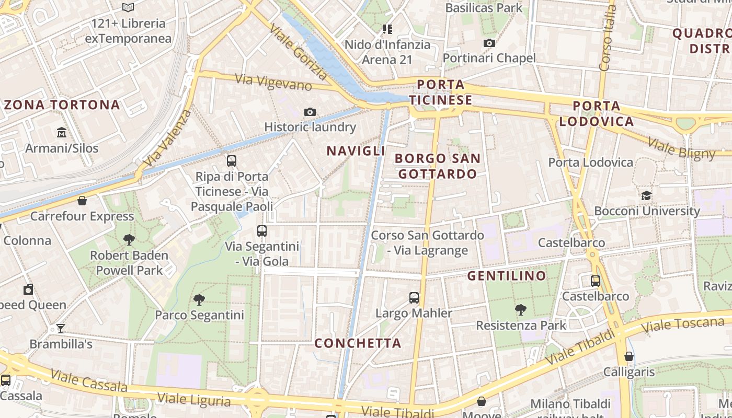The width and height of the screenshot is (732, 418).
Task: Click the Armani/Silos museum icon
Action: pyautogui.click(x=62, y=132)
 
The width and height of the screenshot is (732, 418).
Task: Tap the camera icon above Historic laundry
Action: pyautogui.click(x=310, y=112)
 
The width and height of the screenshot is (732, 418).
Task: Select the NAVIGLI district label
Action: pyautogui.click(x=356, y=151)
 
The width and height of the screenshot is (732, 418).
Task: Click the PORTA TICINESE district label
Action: pyautogui.click(x=440, y=92)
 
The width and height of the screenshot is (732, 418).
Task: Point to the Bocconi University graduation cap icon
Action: pyautogui.click(x=647, y=196)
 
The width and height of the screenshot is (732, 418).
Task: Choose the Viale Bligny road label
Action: pyautogui.click(x=681, y=148)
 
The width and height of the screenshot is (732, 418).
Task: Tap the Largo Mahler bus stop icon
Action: pyautogui.click(x=414, y=298)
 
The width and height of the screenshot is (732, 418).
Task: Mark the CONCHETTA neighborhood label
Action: pyautogui.click(x=358, y=343)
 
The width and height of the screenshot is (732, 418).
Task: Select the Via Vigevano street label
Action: pyautogui.click(x=273, y=82)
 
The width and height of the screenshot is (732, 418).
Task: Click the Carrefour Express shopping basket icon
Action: pyautogui.click(x=82, y=201)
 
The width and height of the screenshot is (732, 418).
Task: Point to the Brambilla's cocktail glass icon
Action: pyautogui.click(x=61, y=329)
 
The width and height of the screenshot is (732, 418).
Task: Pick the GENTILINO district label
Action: pyautogui.click(x=506, y=275)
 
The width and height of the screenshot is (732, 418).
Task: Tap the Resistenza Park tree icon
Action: pyautogui.click(x=520, y=310)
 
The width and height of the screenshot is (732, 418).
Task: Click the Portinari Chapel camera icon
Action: pyautogui.click(x=489, y=43)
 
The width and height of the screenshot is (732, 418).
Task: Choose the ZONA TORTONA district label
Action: pyautogui.click(x=62, y=105)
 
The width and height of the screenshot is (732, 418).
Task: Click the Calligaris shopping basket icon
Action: pyautogui.click(x=629, y=356)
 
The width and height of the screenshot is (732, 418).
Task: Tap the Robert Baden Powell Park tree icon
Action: pyautogui.click(x=129, y=240)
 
